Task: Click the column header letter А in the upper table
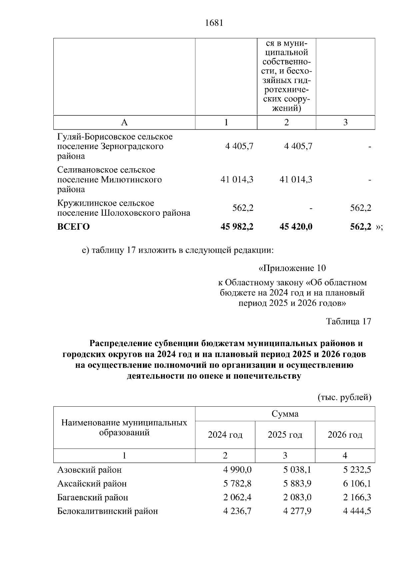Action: [x=124, y=122]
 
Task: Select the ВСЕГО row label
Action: [x=74, y=227]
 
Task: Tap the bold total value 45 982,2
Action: [x=237, y=227]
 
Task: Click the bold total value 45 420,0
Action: [x=296, y=227]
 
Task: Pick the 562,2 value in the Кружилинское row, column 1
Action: [x=243, y=208]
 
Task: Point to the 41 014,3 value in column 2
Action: [x=296, y=179]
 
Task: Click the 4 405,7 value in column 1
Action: [x=239, y=146]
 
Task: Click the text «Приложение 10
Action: [x=292, y=268]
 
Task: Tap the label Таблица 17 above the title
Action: [x=348, y=321]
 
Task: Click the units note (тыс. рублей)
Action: [x=344, y=397]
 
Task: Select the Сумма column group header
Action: [x=285, y=414]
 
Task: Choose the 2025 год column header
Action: [x=285, y=435]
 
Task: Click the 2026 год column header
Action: [x=345, y=435]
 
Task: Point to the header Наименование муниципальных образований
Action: [x=124, y=428]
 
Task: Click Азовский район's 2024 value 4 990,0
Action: [x=237, y=470]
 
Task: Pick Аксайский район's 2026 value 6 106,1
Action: [x=357, y=483]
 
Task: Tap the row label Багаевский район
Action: [x=93, y=497]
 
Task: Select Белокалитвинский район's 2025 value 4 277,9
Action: [x=297, y=511]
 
